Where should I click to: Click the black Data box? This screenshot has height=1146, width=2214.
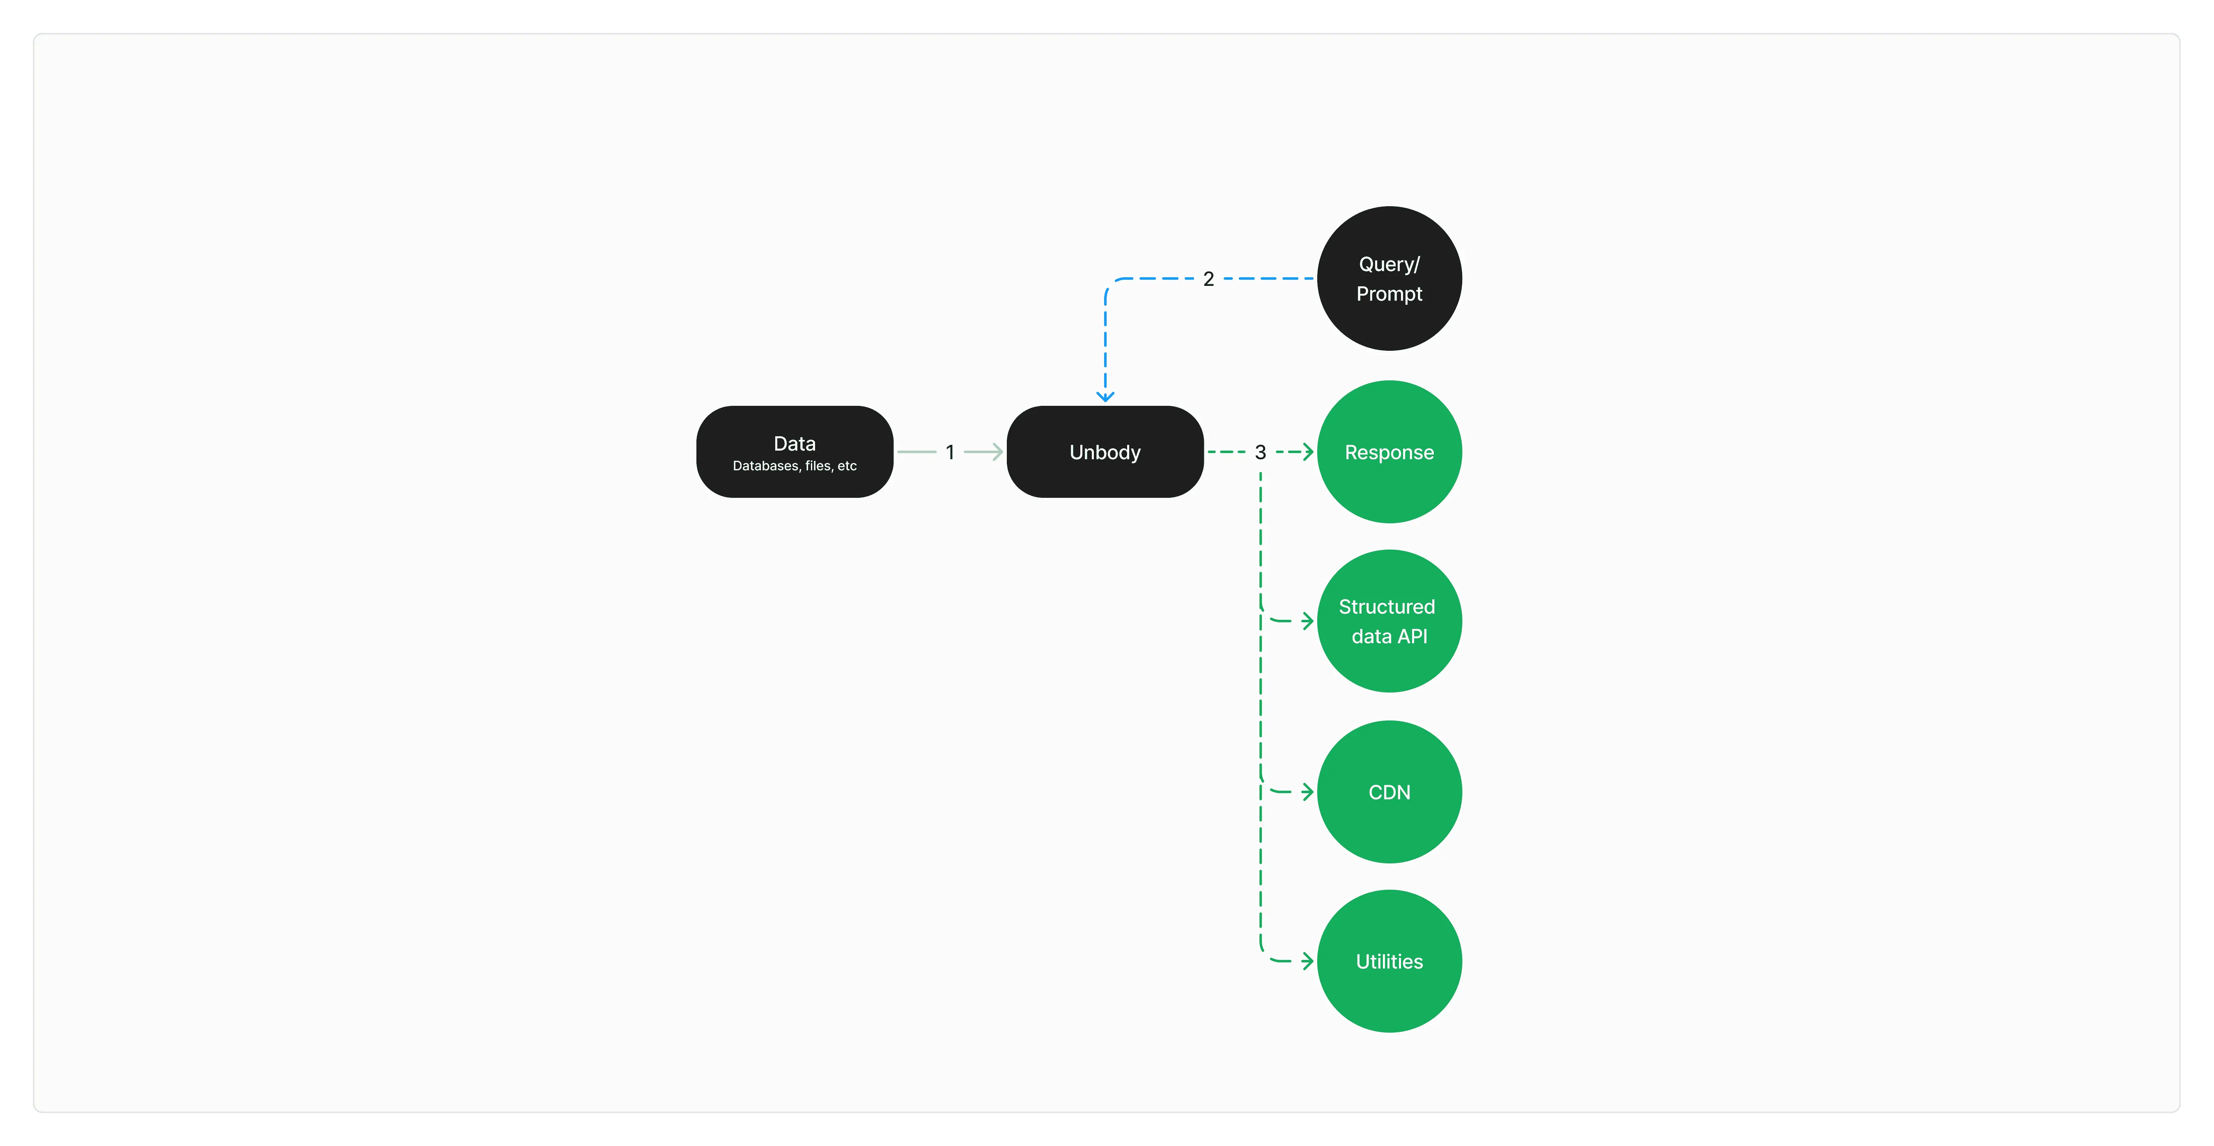(794, 451)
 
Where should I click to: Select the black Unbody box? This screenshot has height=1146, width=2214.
(1105, 451)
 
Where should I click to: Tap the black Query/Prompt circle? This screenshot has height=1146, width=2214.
(1389, 278)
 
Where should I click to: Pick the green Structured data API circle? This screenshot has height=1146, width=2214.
(1389, 621)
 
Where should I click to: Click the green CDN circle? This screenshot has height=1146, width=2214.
(1389, 792)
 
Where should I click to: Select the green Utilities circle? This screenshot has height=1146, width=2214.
(1389, 961)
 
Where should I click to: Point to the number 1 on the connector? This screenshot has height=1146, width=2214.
(950, 452)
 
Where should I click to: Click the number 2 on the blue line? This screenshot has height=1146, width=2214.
(1208, 278)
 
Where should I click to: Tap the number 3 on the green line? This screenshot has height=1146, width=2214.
(1260, 452)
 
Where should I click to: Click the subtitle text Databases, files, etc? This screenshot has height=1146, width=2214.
(794, 466)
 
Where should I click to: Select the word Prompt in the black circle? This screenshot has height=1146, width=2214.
(1389, 294)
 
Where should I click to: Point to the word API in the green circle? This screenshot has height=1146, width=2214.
(1412, 636)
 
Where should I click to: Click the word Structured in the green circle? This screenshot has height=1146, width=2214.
(1386, 607)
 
